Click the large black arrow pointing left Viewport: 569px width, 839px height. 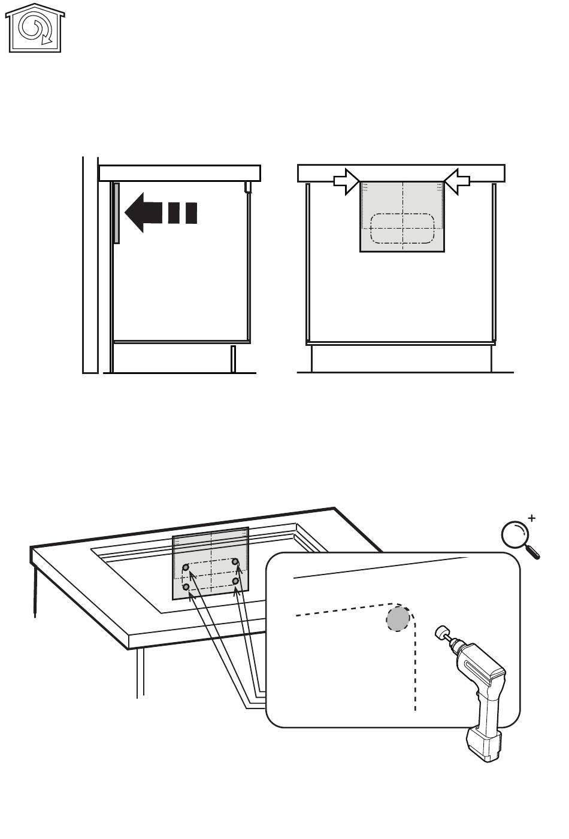pyautogui.click(x=144, y=212)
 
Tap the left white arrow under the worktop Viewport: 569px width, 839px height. pyautogui.click(x=346, y=181)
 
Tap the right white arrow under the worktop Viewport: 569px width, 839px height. pyautogui.click(x=457, y=181)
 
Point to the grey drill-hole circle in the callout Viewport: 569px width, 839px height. pyautogui.click(x=398, y=619)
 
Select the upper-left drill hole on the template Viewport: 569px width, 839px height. pyautogui.click(x=186, y=567)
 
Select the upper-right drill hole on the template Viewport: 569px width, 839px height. pyautogui.click(x=236, y=561)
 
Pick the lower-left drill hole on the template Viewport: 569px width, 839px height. pyautogui.click(x=186, y=588)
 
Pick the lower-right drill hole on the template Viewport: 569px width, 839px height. pyautogui.click(x=237, y=580)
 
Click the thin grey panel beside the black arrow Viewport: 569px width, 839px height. pyautogui.click(x=117, y=213)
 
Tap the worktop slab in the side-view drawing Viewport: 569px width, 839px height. pyautogui.click(x=180, y=173)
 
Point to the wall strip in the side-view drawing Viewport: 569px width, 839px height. pyautogui.click(x=90, y=263)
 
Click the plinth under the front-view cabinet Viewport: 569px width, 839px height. pyautogui.click(x=401, y=359)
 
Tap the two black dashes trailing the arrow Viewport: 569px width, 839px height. pyautogui.click(x=183, y=213)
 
